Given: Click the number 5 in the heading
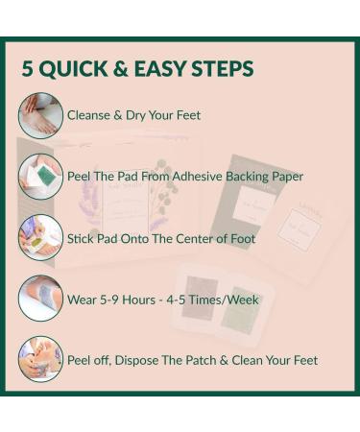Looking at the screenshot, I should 29,69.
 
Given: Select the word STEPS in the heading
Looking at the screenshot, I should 222,69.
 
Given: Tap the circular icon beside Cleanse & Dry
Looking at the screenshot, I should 40,115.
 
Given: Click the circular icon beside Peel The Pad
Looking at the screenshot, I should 40,177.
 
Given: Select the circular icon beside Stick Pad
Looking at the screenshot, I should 40,238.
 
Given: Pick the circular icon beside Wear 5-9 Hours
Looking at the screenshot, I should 40,299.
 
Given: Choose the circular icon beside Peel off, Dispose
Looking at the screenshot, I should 40,360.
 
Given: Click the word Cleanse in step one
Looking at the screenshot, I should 89,115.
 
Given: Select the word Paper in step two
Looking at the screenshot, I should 289,177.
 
